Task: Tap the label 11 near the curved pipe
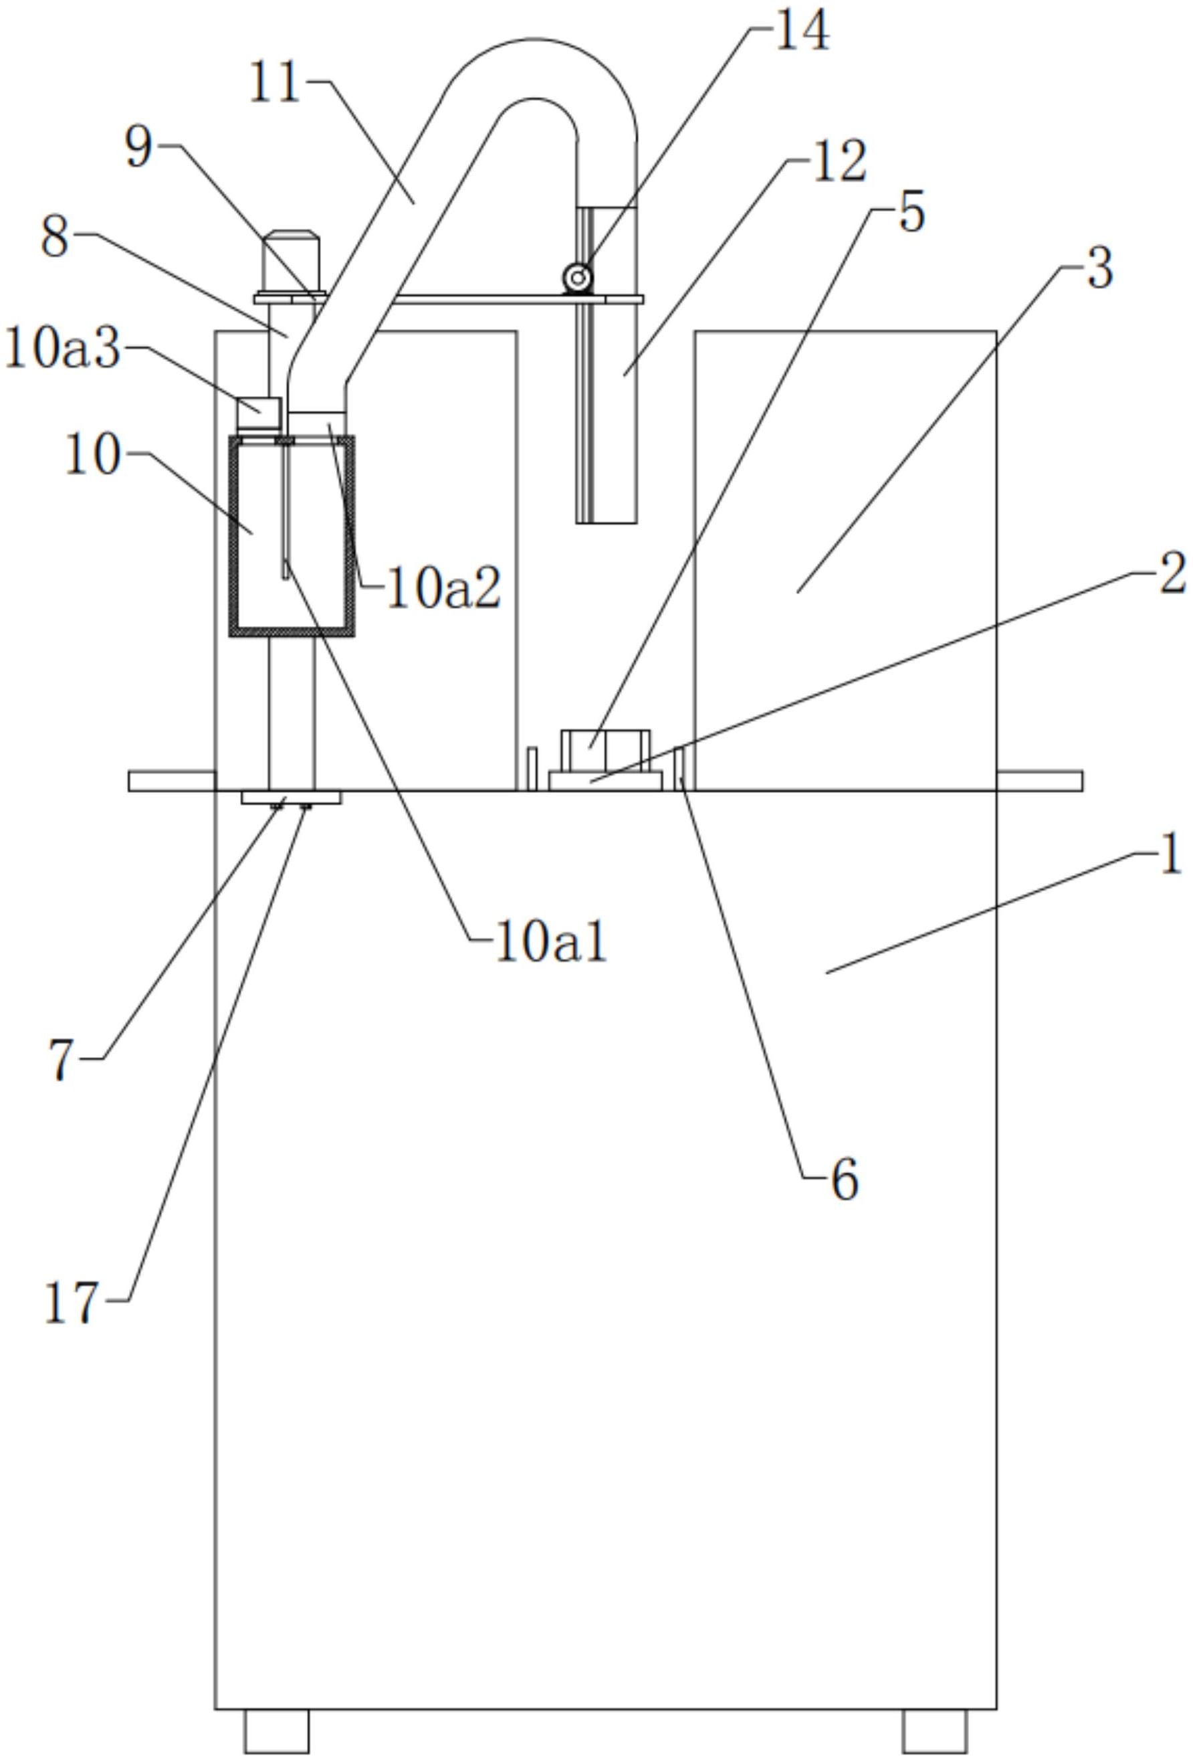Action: (275, 84)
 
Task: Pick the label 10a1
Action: (550, 943)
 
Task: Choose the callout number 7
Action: (62, 1059)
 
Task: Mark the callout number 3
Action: (1100, 269)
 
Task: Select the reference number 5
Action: (911, 213)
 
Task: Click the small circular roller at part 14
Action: (577, 278)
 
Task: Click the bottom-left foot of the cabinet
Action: (276, 1731)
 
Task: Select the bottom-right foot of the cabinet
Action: (935, 1731)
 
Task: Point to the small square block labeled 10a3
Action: (259, 413)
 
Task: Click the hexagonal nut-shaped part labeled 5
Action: (605, 749)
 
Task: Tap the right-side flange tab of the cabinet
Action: (1039, 781)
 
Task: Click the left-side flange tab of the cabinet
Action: (172, 781)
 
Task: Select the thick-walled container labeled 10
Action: (292, 536)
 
